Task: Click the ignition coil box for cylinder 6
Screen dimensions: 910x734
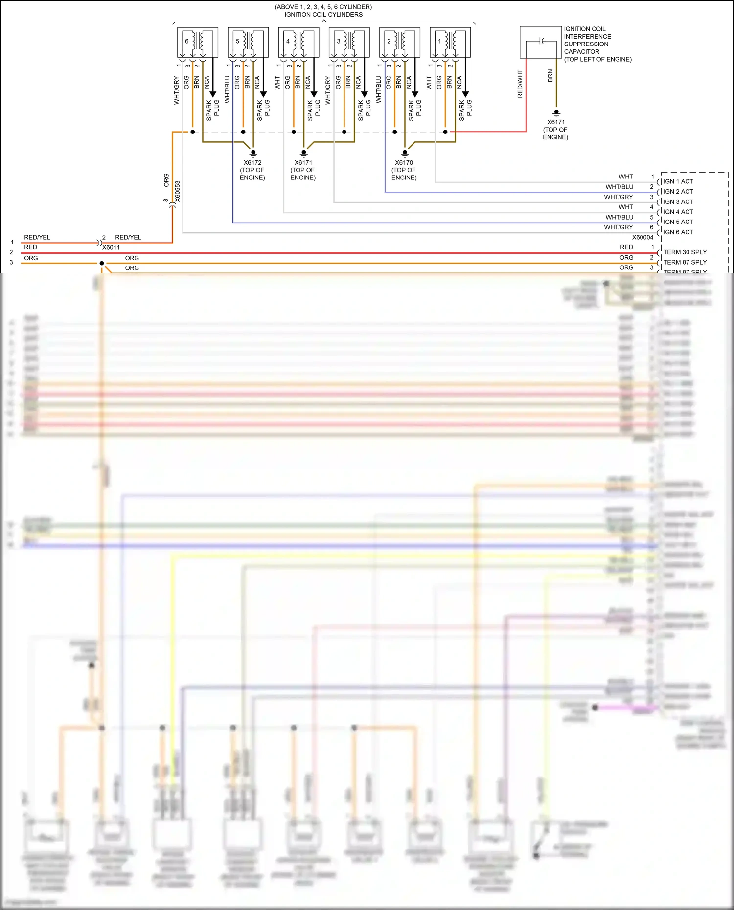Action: click(x=197, y=43)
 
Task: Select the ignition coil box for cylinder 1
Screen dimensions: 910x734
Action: click(x=450, y=43)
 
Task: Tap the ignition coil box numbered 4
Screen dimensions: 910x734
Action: click(x=298, y=43)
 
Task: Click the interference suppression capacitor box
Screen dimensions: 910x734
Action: click(x=541, y=42)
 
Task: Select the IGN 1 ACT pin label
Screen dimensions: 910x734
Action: click(x=678, y=181)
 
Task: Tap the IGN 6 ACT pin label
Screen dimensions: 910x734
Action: click(x=678, y=232)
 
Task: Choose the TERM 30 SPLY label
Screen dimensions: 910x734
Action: click(x=685, y=252)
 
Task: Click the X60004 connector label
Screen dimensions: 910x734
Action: click(x=642, y=237)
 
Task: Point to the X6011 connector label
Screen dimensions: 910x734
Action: click(x=111, y=247)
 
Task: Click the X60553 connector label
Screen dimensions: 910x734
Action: click(x=178, y=191)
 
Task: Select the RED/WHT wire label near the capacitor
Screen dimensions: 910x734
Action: click(x=520, y=84)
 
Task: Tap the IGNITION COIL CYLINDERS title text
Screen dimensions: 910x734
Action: click(x=323, y=15)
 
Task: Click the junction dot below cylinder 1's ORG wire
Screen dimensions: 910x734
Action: click(x=445, y=132)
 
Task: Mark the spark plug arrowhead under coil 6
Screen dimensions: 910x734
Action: click(x=213, y=94)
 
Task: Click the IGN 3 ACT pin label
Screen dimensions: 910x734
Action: click(x=678, y=202)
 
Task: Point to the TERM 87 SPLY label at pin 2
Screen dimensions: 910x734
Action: click(x=685, y=262)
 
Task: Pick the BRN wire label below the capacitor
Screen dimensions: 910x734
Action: click(x=550, y=76)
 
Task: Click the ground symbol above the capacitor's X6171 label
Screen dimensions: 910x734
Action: click(x=556, y=112)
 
